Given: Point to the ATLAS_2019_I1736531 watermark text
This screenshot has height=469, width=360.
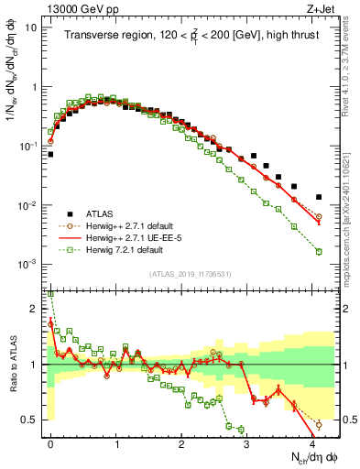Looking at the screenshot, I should pos(189,273).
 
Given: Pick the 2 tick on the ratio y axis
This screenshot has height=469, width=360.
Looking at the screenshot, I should pos(35,309).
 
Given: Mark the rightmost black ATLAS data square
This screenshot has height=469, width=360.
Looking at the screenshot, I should pos(319,197).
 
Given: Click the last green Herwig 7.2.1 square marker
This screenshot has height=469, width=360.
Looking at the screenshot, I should pos(319,251).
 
